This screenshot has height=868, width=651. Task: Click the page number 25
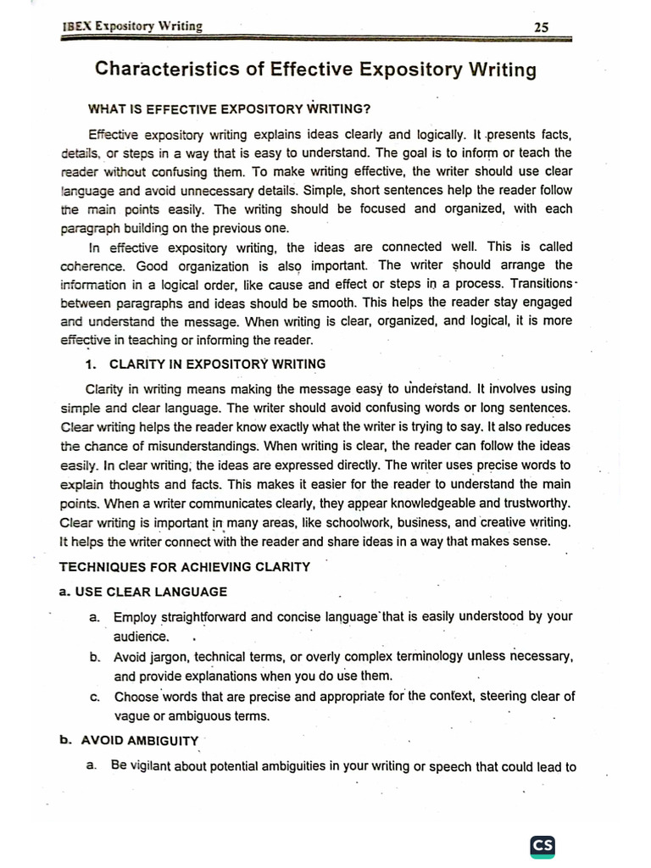542,27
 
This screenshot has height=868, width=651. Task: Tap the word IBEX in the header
77,26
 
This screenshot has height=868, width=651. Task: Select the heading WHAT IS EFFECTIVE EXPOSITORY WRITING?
230,108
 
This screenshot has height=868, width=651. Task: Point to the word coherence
92,265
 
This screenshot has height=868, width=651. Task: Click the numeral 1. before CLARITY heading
92,364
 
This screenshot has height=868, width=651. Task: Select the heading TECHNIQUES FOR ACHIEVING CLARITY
184,566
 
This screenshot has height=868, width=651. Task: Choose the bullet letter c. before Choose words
94,698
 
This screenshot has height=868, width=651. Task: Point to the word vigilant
153,767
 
